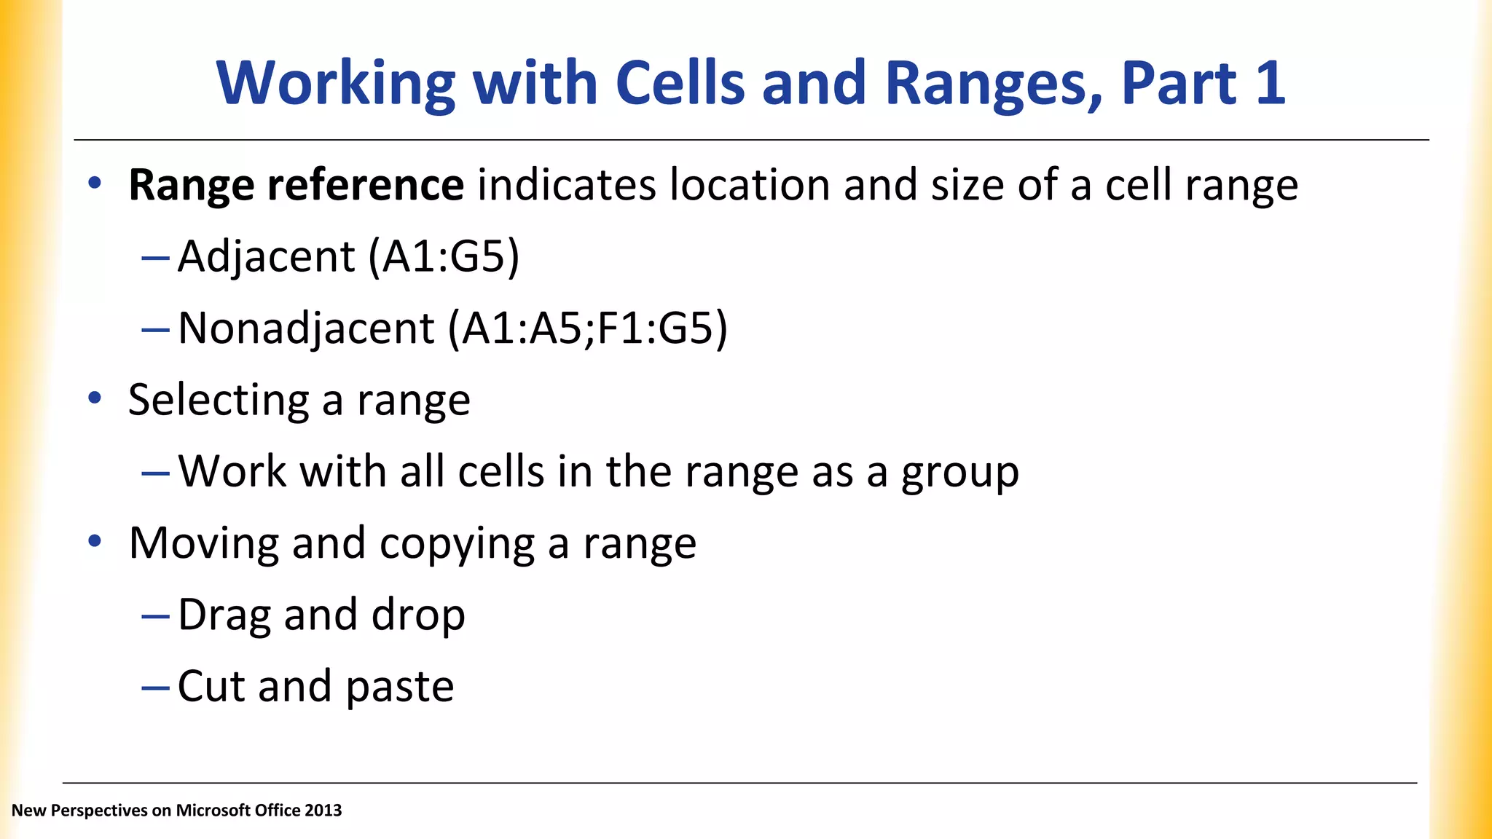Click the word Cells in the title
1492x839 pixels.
(x=680, y=82)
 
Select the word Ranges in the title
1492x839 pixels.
(x=993, y=82)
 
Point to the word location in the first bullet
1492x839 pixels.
(x=750, y=185)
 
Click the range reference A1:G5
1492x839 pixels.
(x=444, y=256)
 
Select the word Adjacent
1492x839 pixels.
(x=267, y=257)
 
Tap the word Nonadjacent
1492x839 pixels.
(x=306, y=328)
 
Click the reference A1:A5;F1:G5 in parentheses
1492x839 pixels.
(x=587, y=328)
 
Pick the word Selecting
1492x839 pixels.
(x=219, y=400)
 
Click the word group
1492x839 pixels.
(x=960, y=472)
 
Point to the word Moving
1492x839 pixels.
(x=203, y=543)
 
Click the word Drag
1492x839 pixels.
(x=224, y=615)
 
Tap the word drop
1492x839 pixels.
(x=418, y=615)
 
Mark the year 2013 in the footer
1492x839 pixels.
(x=323, y=811)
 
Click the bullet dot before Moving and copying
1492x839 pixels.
(x=95, y=541)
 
